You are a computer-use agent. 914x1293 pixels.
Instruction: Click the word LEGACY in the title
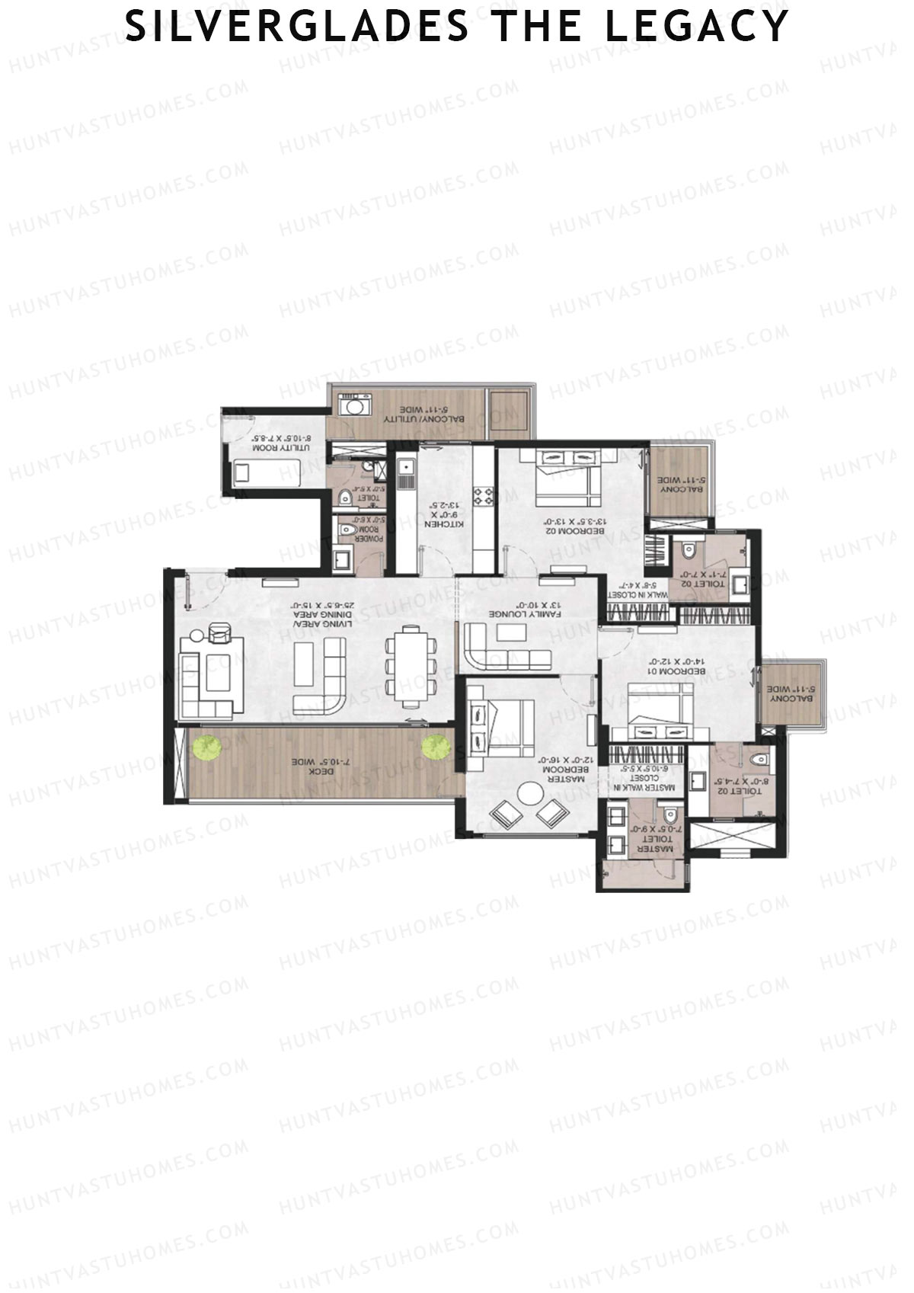click(x=696, y=26)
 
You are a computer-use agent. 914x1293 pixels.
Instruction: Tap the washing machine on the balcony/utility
click(x=353, y=406)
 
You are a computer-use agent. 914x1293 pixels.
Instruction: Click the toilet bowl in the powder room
click(x=347, y=529)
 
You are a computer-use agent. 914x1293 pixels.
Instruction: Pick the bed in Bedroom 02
click(x=565, y=478)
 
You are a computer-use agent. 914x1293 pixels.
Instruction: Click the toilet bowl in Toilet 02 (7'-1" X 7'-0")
click(x=689, y=549)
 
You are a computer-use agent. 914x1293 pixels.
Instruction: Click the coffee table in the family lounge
click(x=507, y=632)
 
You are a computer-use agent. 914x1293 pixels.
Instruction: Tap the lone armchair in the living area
click(x=220, y=632)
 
